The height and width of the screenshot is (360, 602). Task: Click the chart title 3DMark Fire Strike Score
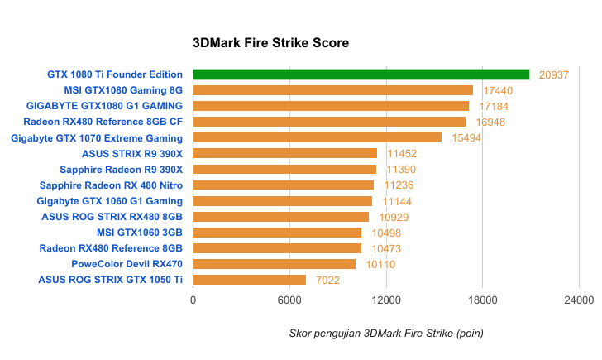click(x=270, y=42)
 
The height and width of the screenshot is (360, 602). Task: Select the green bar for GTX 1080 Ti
click(x=361, y=74)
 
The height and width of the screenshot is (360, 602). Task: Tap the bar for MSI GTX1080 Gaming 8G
click(x=332, y=90)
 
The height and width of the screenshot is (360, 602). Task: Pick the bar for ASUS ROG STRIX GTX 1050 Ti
click(x=249, y=280)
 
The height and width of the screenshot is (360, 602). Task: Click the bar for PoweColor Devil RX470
click(x=274, y=264)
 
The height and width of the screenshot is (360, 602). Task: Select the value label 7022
click(x=327, y=280)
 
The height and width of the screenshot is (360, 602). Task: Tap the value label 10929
click(x=393, y=217)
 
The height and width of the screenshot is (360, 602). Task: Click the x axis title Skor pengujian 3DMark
click(x=386, y=333)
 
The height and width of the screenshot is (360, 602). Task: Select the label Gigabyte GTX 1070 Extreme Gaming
click(x=97, y=137)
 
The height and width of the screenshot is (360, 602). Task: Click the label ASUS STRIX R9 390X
click(x=132, y=153)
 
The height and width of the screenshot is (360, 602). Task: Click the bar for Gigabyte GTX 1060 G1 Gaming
click(x=282, y=201)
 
